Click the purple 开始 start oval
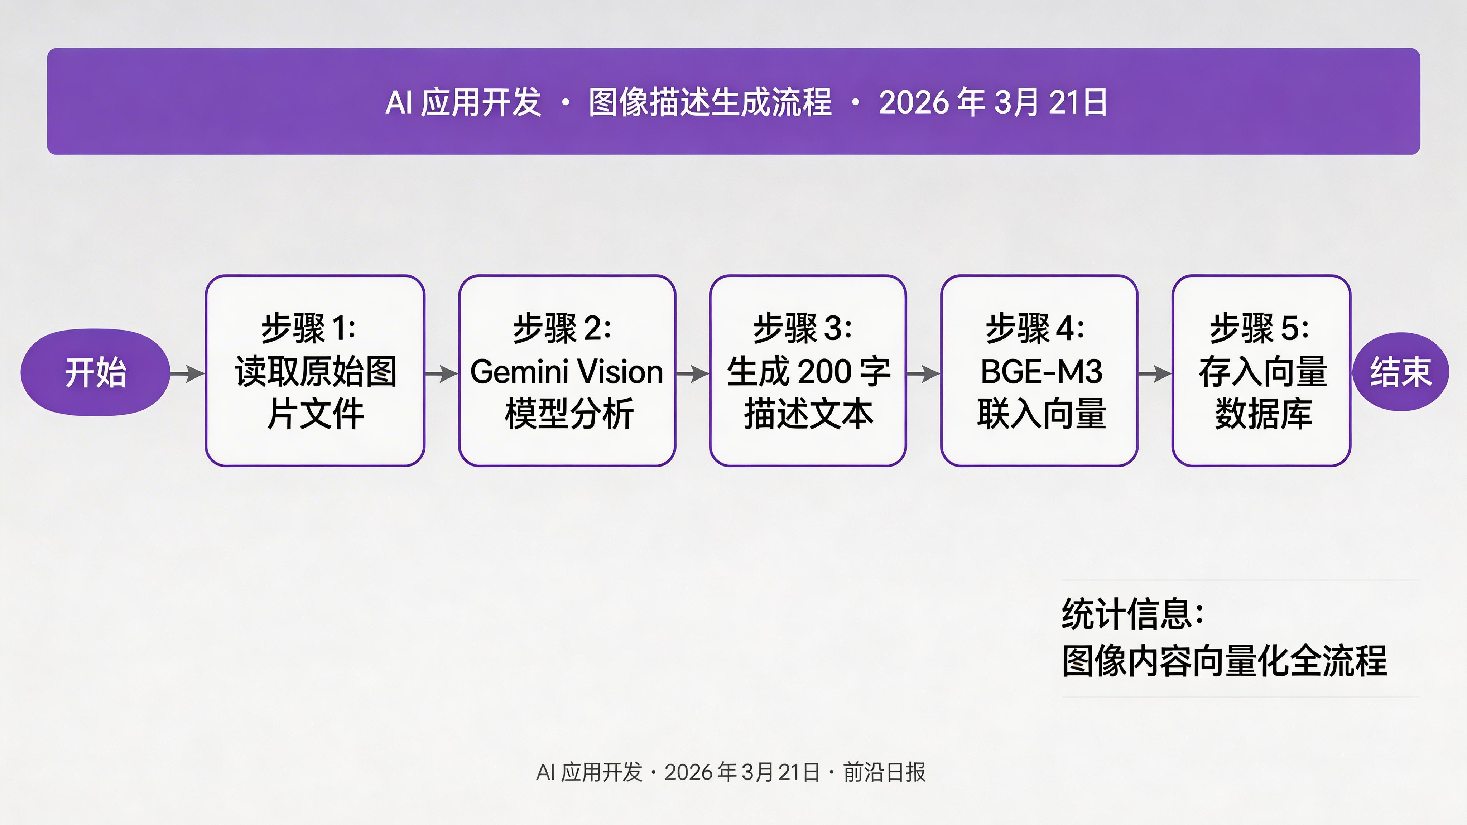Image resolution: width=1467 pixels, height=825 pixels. (x=95, y=372)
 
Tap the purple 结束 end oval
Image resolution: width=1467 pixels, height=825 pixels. (x=1400, y=372)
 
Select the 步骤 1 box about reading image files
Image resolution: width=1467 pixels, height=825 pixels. (x=315, y=371)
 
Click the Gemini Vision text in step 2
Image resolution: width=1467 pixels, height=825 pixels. (x=567, y=372)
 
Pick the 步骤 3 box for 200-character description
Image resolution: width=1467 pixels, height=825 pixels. (x=808, y=371)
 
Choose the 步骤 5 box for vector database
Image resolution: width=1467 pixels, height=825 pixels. (x=1261, y=371)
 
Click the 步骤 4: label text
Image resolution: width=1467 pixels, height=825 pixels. (x=1035, y=328)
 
